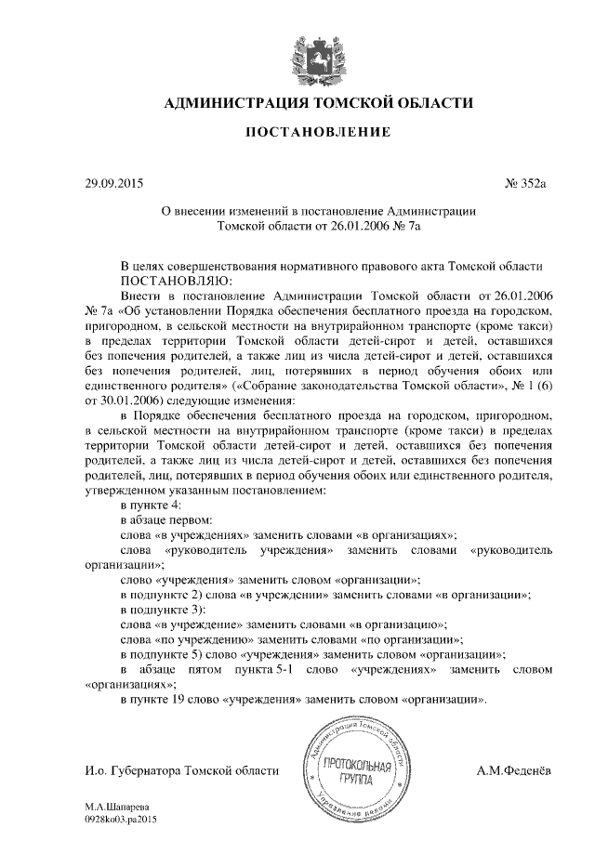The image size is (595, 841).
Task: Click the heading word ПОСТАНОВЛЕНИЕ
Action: coord(317,133)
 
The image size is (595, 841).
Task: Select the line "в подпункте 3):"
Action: coord(163,610)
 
